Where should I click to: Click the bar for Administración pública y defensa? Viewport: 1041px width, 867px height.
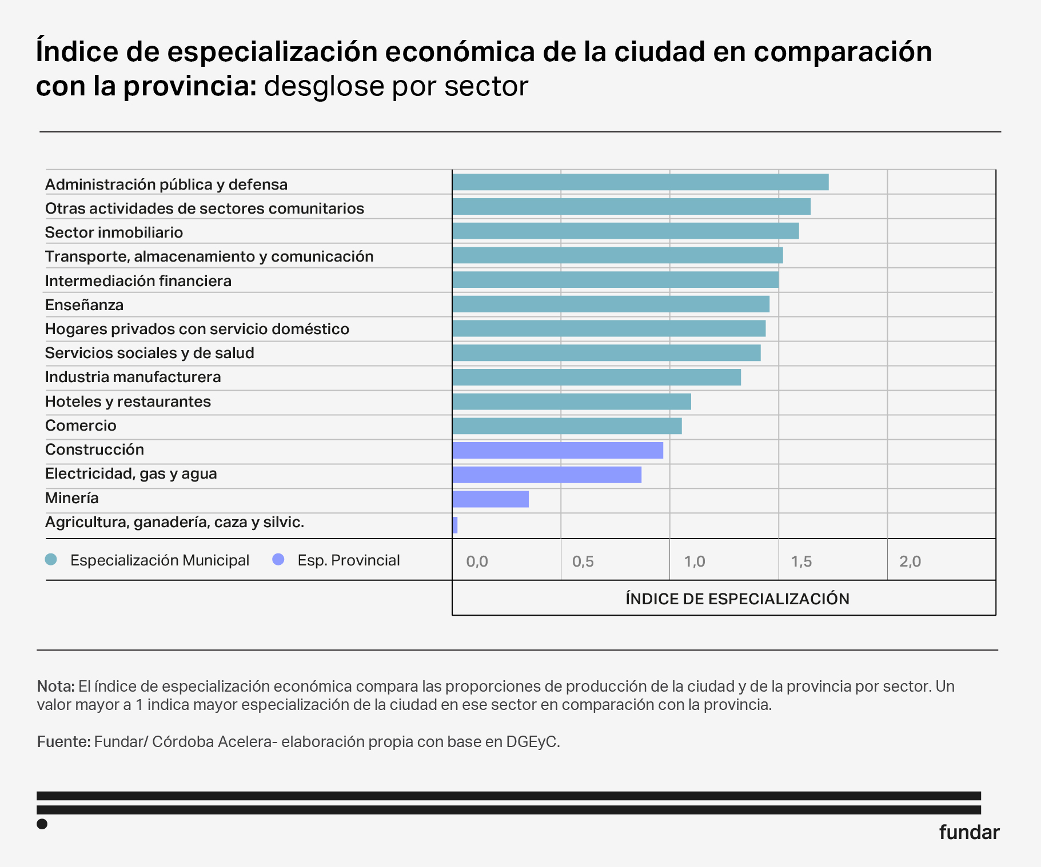tap(640, 182)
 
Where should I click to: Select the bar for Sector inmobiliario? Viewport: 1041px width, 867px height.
tap(625, 231)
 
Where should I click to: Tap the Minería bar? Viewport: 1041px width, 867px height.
tap(490, 499)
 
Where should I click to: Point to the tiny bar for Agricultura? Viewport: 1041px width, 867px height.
tap(455, 525)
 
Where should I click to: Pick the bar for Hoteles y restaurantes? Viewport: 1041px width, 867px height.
tap(572, 402)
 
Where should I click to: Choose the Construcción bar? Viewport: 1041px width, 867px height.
tap(557, 451)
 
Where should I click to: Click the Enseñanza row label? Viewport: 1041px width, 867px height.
tap(84, 305)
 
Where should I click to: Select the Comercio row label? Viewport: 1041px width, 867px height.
tap(81, 426)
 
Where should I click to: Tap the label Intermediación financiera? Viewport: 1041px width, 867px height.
tap(138, 281)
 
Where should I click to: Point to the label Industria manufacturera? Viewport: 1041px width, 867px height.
tap(133, 377)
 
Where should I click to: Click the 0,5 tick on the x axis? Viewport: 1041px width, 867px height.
tap(583, 561)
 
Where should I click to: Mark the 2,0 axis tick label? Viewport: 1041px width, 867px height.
tap(910, 561)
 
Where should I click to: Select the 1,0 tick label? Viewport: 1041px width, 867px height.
tap(695, 561)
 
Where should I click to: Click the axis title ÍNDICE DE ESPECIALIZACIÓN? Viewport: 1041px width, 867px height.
tap(737, 599)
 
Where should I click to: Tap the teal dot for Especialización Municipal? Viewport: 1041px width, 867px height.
tap(51, 560)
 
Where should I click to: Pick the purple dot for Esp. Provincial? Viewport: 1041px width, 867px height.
tap(278, 560)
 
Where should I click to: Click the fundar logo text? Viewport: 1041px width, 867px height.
tap(969, 832)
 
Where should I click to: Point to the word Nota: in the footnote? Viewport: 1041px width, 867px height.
tap(55, 686)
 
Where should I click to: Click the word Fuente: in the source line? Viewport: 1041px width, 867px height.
tap(63, 741)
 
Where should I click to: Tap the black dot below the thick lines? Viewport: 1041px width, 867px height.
tap(42, 824)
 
